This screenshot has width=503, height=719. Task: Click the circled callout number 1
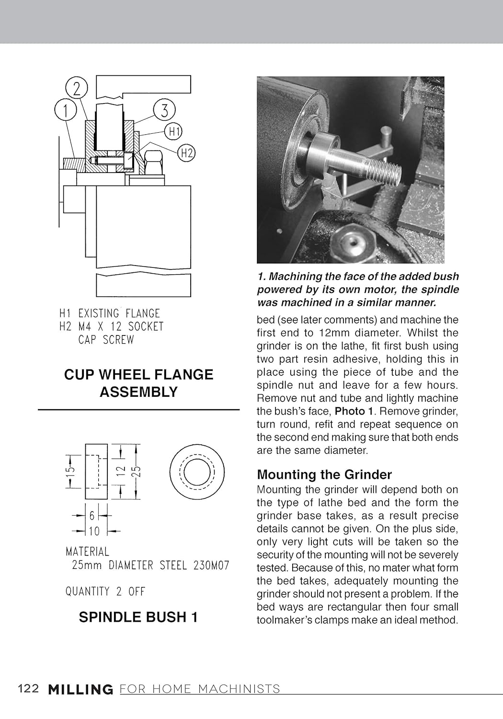click(x=65, y=110)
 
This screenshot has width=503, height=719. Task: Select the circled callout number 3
click(x=164, y=110)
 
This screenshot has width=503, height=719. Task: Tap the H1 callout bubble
click(x=174, y=131)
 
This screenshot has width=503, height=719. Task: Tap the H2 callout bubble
click(x=186, y=153)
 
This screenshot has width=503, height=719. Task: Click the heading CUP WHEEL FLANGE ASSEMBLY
click(x=138, y=383)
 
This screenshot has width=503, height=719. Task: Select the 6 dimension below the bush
click(x=92, y=516)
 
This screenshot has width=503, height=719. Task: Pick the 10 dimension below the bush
click(x=94, y=531)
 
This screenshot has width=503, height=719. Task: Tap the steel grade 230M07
click(x=211, y=566)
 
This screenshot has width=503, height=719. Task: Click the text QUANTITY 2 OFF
click(x=105, y=591)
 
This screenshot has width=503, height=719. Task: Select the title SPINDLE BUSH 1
click(x=138, y=617)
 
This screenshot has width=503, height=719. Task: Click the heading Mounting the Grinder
click(x=324, y=475)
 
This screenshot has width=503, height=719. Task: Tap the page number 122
click(x=28, y=689)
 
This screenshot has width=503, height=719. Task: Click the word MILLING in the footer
click(x=80, y=690)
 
